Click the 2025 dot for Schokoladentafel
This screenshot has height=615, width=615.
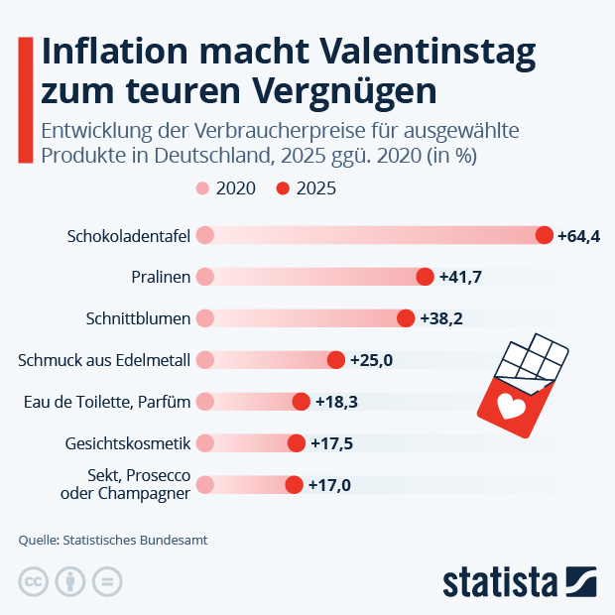544,235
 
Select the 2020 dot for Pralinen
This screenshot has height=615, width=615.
205,277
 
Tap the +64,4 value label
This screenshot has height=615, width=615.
579,236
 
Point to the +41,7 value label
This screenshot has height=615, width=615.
460,278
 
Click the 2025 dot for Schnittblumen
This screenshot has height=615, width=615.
406,318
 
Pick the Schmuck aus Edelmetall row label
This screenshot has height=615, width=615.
104,360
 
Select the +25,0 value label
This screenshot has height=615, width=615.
372,360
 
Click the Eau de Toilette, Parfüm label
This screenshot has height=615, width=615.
106,402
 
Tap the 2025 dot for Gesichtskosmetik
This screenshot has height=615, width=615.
296,442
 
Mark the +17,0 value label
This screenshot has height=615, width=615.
329,485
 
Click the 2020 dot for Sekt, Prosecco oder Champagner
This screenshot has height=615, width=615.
205,485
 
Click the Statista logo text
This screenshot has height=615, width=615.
500,580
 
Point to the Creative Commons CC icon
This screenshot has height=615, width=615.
34,581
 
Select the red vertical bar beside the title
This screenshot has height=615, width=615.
25,99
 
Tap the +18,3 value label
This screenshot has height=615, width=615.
337,402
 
